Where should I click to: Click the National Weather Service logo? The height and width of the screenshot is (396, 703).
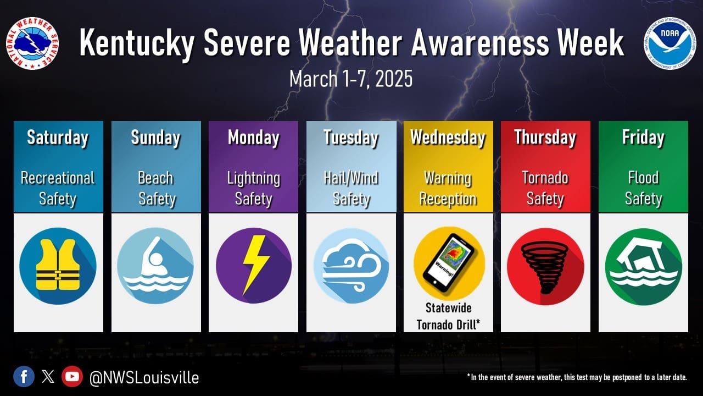[x=32, y=43]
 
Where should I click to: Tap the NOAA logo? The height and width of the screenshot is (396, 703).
[x=669, y=43]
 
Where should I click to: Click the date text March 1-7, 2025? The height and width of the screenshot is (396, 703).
[x=351, y=79]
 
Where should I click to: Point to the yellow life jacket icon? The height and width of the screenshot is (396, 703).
[x=58, y=265]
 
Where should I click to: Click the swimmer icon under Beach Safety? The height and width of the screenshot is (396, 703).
[x=155, y=266]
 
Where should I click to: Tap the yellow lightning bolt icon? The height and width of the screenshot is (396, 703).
[x=255, y=265]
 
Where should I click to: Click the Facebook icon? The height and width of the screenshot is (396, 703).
[x=24, y=377]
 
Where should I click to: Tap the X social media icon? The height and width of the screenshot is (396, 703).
[x=48, y=377]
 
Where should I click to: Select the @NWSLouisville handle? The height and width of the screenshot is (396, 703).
[x=144, y=377]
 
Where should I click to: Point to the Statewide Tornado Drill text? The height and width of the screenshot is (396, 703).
[x=448, y=316]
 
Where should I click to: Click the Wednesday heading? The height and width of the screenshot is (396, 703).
[x=448, y=138]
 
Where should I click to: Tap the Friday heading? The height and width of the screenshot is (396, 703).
[x=643, y=137]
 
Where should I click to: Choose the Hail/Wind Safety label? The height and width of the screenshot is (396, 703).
[x=351, y=188]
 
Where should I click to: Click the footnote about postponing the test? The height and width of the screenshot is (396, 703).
[x=577, y=377]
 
